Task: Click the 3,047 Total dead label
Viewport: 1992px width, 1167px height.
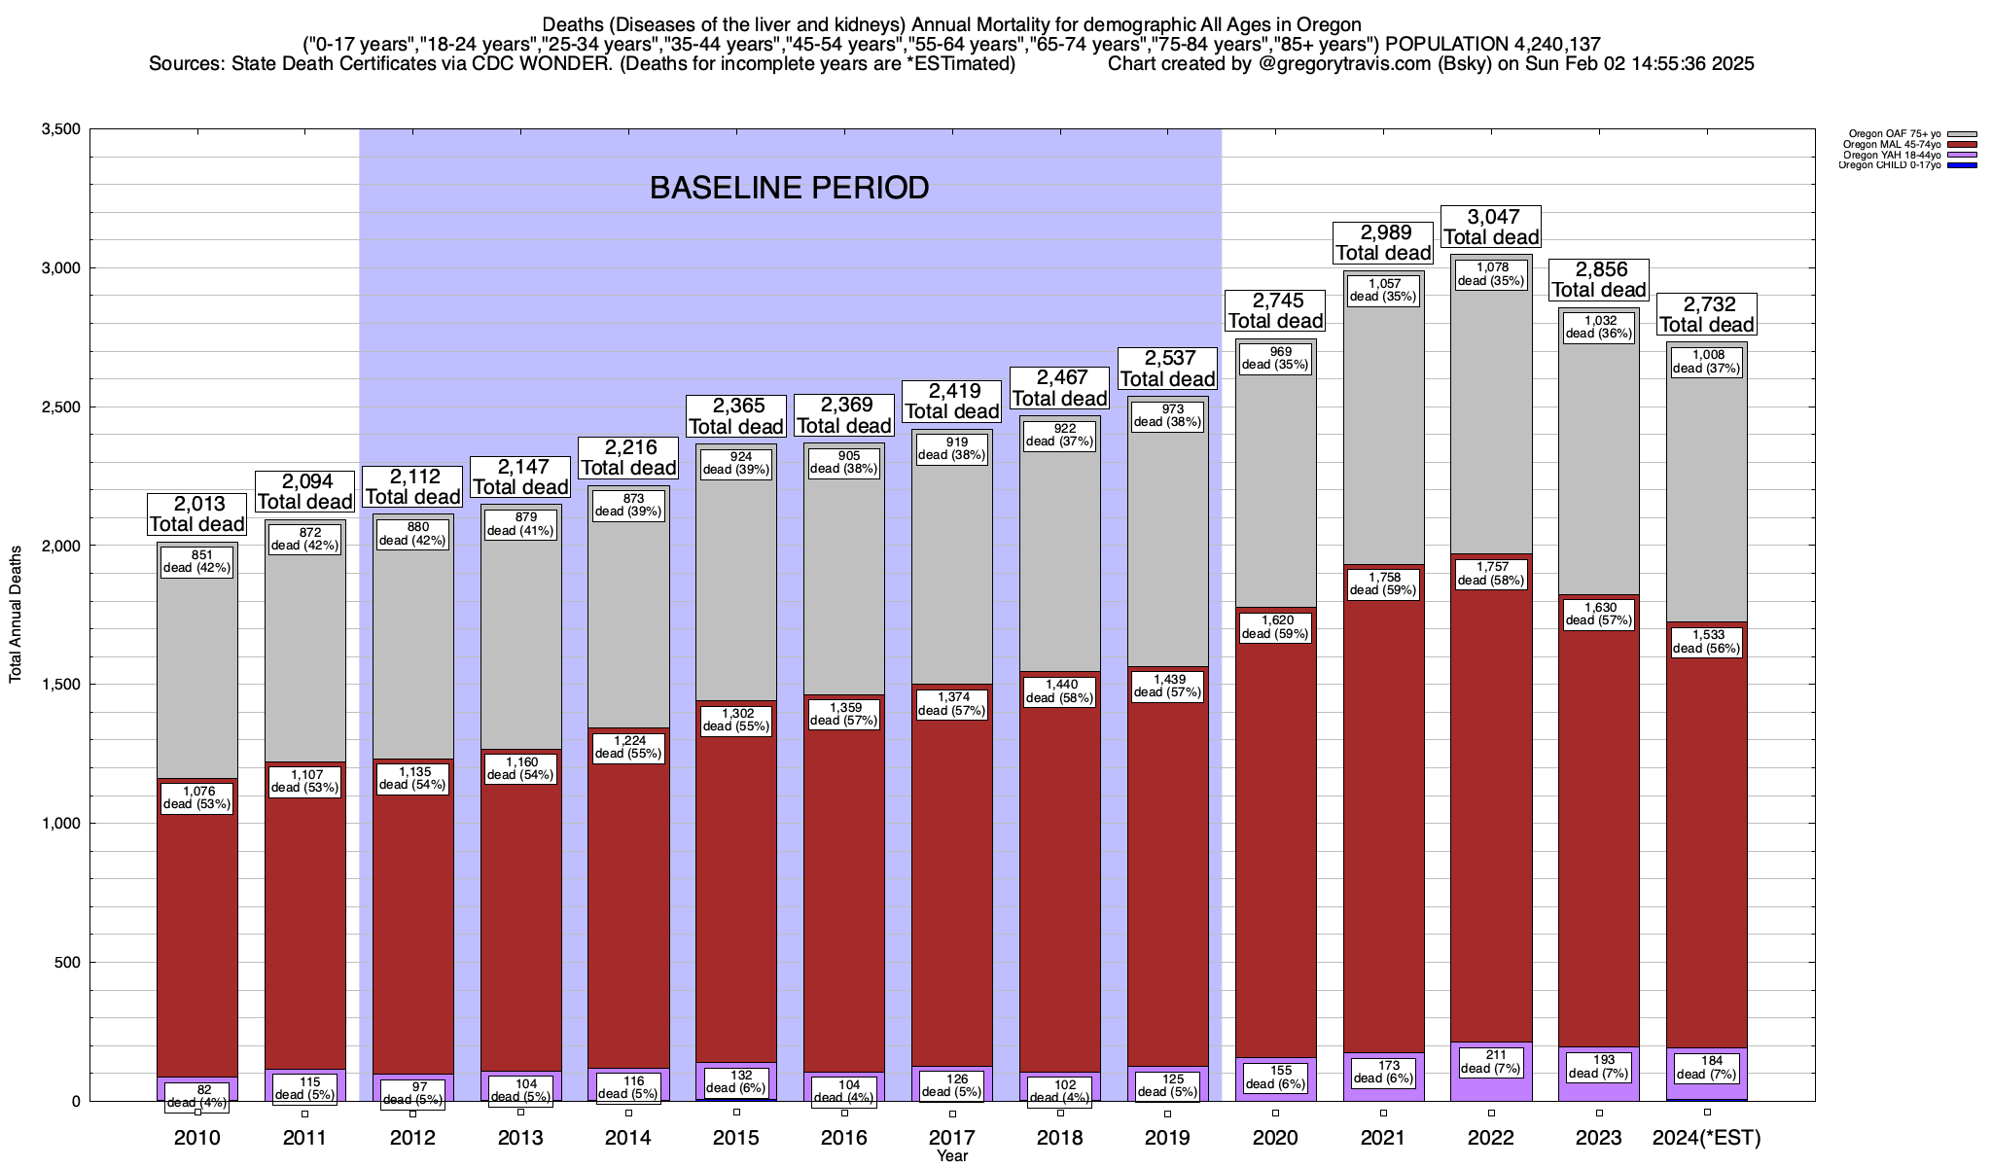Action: (1491, 227)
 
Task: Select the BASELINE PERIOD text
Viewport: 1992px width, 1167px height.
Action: (789, 188)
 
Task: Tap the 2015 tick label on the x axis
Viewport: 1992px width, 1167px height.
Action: (736, 1138)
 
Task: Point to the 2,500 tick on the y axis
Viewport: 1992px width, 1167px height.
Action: (60, 407)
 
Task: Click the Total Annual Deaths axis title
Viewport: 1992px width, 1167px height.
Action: (16, 614)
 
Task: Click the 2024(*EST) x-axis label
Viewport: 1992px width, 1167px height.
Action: (1707, 1138)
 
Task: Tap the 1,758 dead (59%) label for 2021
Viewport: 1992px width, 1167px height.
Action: (1383, 583)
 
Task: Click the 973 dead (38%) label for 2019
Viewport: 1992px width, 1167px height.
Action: (1167, 415)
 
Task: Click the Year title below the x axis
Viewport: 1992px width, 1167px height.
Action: (952, 1156)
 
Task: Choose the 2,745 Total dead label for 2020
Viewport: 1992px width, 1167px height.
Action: (1275, 310)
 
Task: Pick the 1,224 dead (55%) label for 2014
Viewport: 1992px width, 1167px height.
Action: (628, 747)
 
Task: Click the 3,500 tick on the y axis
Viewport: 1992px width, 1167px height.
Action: (60, 129)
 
